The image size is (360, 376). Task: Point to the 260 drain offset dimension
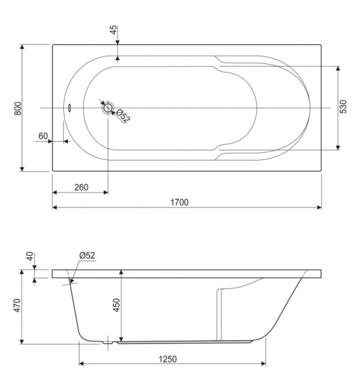tap(80, 187)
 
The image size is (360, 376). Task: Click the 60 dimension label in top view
tap(43, 136)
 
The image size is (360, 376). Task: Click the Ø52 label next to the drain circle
tap(123, 116)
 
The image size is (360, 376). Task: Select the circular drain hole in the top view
tap(108, 108)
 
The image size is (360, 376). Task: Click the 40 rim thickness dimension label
tap(28, 258)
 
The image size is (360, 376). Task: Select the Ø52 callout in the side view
tap(87, 255)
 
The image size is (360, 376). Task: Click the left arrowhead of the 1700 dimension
tap(54, 207)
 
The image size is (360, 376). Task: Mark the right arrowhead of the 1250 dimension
tap(264, 364)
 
